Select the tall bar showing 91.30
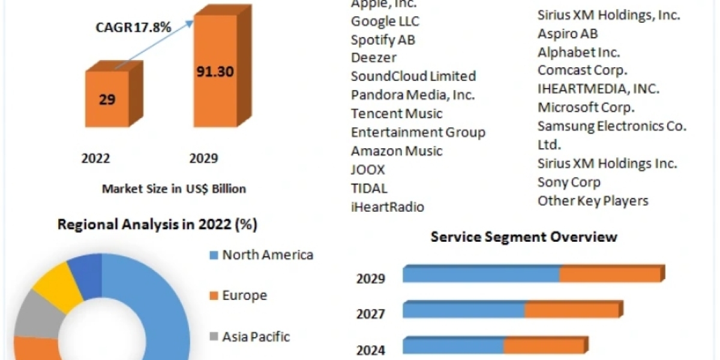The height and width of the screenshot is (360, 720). [215, 72]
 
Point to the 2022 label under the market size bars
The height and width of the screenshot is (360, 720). [95, 158]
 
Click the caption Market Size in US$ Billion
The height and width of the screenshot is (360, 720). [174, 188]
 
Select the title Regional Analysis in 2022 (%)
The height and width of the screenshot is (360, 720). [157, 225]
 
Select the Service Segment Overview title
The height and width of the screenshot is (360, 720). [524, 236]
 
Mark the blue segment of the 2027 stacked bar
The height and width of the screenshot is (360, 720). [463, 310]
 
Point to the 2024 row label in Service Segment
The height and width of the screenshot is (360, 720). [371, 349]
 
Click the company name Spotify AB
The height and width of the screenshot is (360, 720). [383, 40]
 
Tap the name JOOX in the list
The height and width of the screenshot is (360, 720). [368, 169]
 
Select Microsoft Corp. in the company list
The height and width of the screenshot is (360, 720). [586, 107]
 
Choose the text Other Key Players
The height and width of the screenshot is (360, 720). [593, 200]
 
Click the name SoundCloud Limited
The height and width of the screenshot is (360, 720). [413, 76]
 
